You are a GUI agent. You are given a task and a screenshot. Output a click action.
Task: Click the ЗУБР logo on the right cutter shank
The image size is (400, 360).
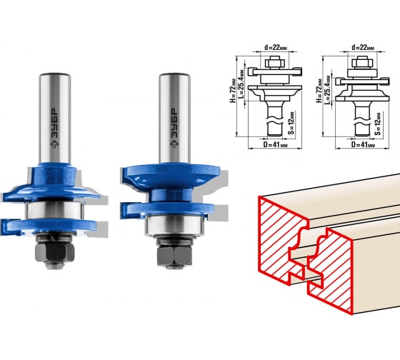coord(174,128)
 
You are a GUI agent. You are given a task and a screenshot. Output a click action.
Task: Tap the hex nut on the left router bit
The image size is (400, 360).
coord(55,252)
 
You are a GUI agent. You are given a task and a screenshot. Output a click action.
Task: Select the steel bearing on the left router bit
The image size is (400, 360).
coord(54,211)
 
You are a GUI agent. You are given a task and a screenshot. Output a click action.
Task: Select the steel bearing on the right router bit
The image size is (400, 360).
coord(175,225)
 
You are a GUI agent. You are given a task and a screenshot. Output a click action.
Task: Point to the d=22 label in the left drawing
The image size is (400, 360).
coord(275,47)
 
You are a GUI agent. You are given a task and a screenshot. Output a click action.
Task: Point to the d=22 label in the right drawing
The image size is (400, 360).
coord(363,47)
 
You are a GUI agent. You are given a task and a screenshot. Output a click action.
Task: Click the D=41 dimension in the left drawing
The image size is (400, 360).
coord(275,144)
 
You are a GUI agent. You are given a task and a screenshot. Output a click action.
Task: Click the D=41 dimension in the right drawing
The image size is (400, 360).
coord(363,144)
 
